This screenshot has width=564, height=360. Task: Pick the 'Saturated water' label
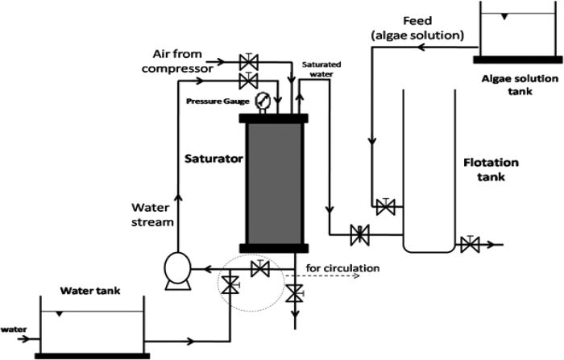325,68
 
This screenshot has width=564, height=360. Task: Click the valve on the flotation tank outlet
470,244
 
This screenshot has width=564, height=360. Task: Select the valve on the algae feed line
387,207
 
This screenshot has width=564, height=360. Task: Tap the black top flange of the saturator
273,118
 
